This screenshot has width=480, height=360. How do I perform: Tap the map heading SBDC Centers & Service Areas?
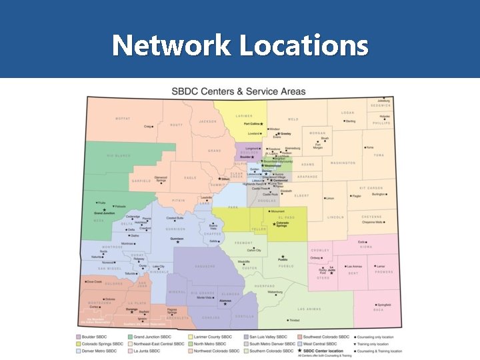pos(239,91)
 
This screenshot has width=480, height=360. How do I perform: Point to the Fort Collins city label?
pos(252,124)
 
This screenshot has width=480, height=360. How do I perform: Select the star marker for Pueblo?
pos(283,257)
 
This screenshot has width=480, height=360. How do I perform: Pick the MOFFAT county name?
pos(123,119)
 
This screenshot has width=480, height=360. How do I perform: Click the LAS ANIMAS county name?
pos(309,309)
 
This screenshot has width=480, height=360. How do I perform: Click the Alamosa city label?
pos(225,301)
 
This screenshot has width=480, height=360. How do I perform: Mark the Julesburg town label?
pos(383,100)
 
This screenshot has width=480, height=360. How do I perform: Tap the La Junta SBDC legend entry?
pos(147,351)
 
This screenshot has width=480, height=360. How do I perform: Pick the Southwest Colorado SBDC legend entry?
pos(326,337)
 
